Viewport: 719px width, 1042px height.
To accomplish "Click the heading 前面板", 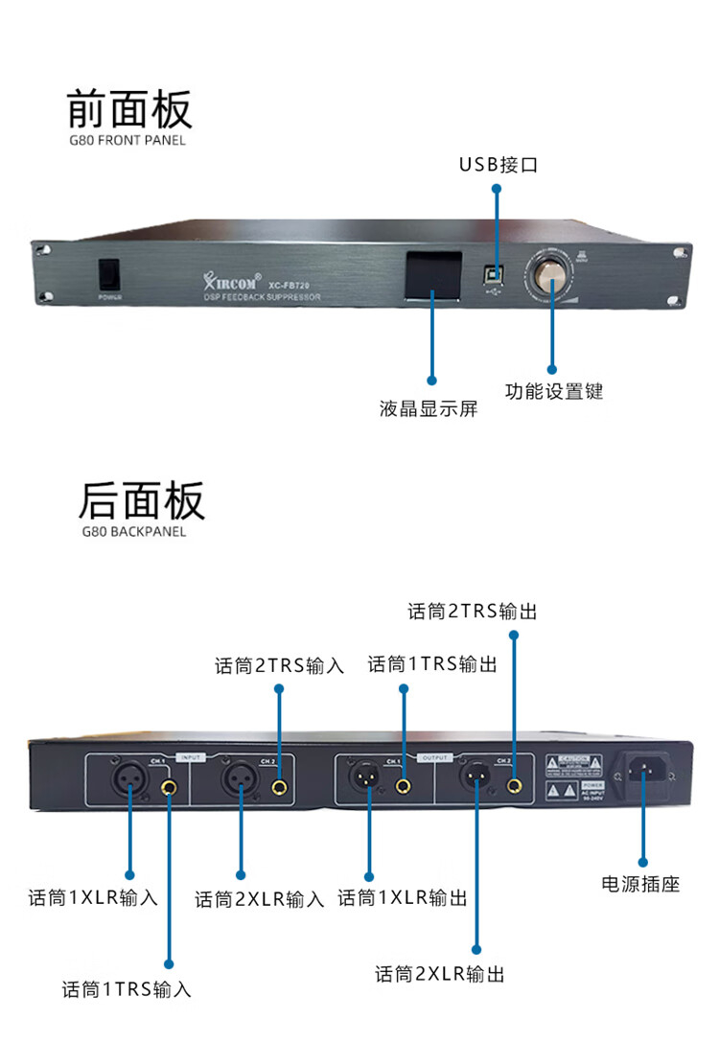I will [x=129, y=108].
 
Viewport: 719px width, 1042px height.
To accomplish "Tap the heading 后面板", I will [x=141, y=499].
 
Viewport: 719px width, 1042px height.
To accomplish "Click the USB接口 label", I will [x=498, y=165].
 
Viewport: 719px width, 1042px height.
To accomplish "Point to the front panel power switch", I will [x=108, y=274].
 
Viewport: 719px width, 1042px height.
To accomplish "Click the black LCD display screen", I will [x=431, y=275].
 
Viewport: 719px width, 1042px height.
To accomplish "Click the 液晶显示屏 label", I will [x=429, y=409].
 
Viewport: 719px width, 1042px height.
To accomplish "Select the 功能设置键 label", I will [x=554, y=391].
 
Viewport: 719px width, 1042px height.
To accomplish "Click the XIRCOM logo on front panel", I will [x=231, y=282].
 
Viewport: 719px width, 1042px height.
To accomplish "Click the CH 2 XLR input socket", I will [x=240, y=776].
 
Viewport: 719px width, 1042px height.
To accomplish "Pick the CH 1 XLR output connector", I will [x=368, y=776].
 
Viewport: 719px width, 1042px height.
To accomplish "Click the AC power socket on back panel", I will [x=643, y=770].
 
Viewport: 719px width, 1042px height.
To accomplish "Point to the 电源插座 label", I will [x=640, y=884].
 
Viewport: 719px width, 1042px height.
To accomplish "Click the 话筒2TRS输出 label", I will [x=473, y=612].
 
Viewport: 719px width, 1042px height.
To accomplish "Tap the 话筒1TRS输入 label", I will [x=127, y=989].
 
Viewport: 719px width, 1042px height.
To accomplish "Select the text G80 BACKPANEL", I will [x=134, y=531].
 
